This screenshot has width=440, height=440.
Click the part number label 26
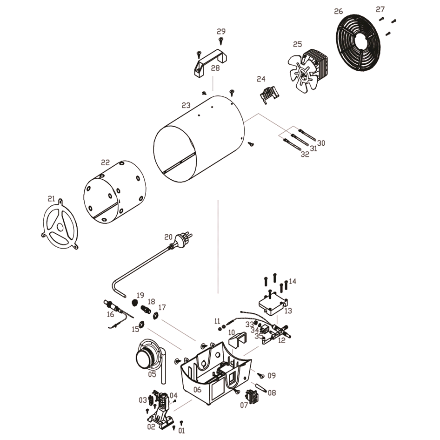(339, 11)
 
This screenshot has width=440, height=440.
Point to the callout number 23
(186, 105)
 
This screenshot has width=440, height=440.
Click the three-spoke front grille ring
(60, 224)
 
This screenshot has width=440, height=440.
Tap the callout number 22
(106, 162)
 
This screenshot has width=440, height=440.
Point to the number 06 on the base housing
(197, 390)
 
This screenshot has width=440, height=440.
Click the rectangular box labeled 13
(273, 304)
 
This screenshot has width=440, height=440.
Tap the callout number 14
(293, 281)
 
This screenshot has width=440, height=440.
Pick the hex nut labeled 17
(154, 316)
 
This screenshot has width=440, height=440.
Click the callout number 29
(221, 31)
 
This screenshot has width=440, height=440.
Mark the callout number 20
(168, 237)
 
